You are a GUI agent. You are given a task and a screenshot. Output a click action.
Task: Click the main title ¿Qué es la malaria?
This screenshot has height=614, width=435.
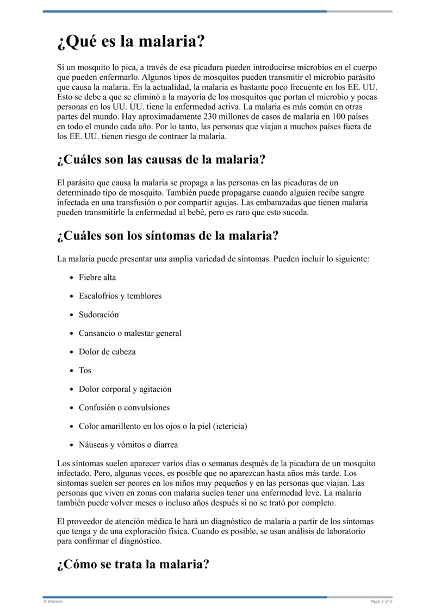(130, 42)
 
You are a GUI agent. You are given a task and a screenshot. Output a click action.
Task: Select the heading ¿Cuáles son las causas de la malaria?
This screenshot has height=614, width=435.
(161, 160)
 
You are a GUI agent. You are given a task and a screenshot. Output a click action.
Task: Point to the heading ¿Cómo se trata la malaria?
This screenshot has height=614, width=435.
(133, 564)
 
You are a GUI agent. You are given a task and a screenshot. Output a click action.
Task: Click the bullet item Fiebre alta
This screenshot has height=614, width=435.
(97, 277)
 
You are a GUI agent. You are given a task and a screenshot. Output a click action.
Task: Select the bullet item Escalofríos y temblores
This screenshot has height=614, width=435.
(120, 296)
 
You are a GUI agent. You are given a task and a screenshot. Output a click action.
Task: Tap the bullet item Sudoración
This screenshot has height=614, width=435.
(98, 315)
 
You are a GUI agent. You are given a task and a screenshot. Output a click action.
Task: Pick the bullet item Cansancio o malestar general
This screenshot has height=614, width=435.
(130, 333)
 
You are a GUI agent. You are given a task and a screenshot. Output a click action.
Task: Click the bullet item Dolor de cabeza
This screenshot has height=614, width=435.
(107, 352)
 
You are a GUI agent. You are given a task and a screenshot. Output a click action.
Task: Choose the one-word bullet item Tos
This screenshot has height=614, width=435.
(85, 370)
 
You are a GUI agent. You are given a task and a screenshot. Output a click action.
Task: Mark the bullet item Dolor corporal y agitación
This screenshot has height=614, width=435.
(125, 389)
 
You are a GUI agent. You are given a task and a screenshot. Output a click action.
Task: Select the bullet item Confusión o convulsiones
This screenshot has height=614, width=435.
(124, 408)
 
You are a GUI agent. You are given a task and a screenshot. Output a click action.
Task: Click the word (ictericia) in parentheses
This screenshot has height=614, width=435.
(228, 426)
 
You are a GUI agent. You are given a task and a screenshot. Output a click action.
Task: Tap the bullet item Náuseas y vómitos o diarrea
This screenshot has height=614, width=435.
(128, 444)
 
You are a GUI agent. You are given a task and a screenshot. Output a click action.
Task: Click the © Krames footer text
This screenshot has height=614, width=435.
(53, 602)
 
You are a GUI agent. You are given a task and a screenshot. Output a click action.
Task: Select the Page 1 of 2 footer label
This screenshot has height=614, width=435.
(381, 602)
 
